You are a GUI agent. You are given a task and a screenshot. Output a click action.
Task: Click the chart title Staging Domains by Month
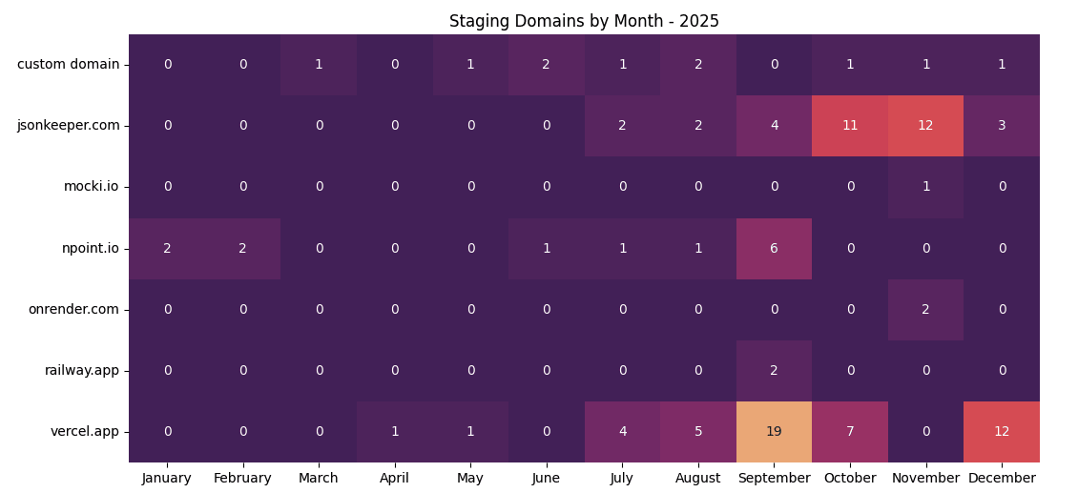tap(584, 21)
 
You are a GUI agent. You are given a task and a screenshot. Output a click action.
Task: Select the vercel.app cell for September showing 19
tap(774, 432)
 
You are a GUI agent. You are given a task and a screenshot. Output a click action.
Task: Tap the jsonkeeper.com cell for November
tap(925, 126)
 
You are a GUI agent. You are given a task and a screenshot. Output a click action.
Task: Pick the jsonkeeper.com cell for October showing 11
tap(850, 126)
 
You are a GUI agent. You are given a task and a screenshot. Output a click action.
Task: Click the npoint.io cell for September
tap(774, 249)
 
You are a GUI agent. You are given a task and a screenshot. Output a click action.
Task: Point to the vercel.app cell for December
tap(1002, 432)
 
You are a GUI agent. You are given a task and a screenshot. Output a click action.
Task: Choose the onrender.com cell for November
tap(925, 310)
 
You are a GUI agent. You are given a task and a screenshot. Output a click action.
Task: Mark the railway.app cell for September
tap(774, 371)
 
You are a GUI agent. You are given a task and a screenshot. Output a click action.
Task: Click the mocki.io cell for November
tap(925, 187)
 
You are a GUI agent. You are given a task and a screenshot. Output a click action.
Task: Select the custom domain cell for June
tap(547, 65)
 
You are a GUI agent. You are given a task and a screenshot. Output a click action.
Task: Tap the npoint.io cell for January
tap(167, 249)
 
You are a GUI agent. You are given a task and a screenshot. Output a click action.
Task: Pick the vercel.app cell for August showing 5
tap(698, 432)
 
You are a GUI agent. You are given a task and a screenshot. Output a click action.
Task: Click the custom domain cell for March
tap(319, 65)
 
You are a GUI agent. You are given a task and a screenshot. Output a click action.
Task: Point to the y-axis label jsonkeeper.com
tap(69, 126)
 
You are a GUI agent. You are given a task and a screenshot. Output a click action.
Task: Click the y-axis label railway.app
tap(82, 371)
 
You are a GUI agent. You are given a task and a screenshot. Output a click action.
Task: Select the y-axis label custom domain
tap(69, 65)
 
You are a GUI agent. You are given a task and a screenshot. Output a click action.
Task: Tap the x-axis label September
tap(774, 479)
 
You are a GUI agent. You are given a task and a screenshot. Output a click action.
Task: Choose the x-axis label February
tap(242, 479)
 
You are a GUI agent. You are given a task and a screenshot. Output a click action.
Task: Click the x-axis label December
tap(1002, 479)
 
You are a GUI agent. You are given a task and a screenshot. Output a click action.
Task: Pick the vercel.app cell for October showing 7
tap(850, 432)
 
